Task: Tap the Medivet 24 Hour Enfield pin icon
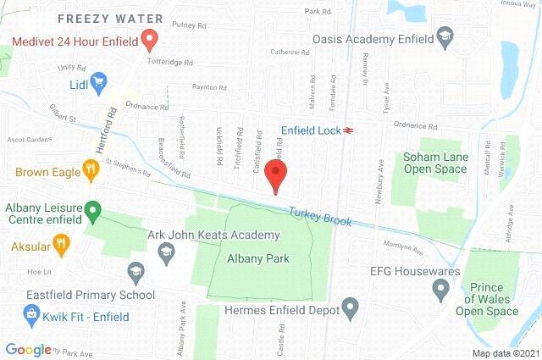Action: (x=150, y=38)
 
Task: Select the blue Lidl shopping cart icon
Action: (x=99, y=82)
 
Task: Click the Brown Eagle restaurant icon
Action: (x=91, y=170)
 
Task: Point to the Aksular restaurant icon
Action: (x=60, y=246)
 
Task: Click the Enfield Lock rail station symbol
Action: (x=347, y=130)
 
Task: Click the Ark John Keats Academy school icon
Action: (x=167, y=252)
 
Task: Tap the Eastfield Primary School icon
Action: (x=135, y=273)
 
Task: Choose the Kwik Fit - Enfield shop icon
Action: (x=31, y=315)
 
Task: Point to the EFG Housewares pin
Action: (x=440, y=291)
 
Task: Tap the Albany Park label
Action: (x=257, y=258)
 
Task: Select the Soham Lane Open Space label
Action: (x=434, y=163)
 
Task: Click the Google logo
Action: (x=28, y=348)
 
